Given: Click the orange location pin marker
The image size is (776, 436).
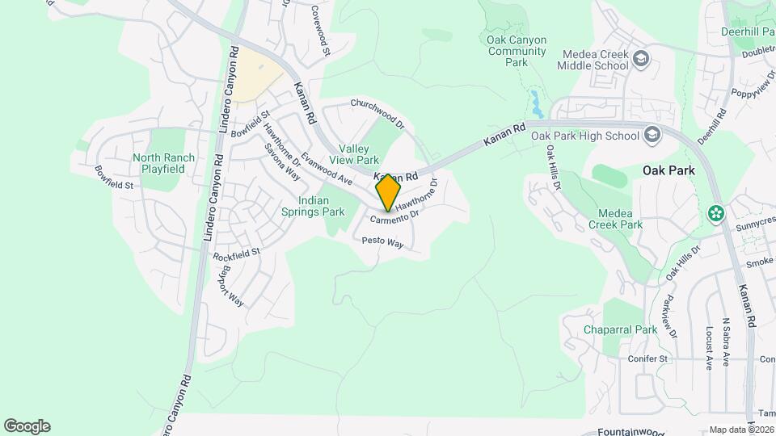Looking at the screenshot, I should (x=389, y=192).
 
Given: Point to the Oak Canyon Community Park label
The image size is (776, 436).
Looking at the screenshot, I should (x=517, y=51).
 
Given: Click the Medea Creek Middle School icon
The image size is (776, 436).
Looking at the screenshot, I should (x=641, y=60).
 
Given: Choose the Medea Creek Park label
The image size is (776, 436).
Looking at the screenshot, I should (x=615, y=219).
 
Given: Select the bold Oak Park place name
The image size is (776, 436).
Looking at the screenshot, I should (x=668, y=171).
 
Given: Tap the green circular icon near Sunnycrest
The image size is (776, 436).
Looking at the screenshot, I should (x=715, y=214).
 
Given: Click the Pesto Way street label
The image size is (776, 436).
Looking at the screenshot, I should (x=382, y=241).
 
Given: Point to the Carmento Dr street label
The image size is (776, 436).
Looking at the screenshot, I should (x=396, y=217).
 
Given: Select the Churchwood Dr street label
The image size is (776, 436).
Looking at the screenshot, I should (x=377, y=114).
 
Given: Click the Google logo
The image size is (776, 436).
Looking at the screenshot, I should (x=27, y=426).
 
